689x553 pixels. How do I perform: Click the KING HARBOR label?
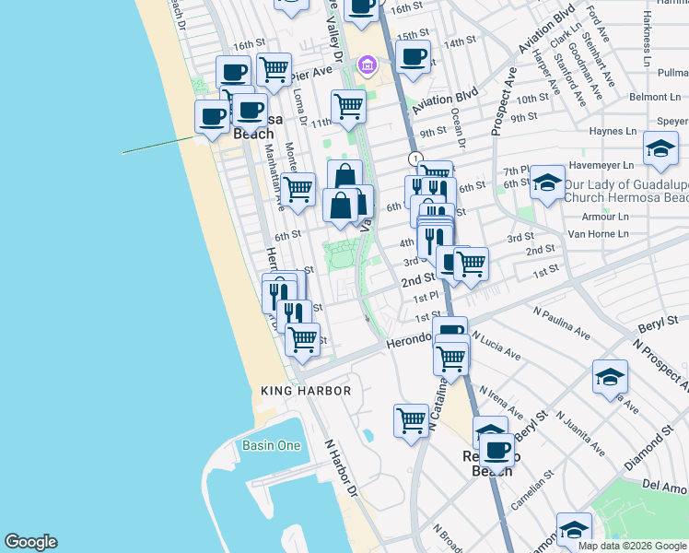[306, 391]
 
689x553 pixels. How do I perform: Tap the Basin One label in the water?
[272, 445]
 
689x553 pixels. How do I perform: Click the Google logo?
[30, 542]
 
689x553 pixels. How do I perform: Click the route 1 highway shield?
[415, 159]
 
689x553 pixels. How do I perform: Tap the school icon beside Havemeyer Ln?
[660, 147]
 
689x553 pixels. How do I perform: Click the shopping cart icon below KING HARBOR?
[411, 420]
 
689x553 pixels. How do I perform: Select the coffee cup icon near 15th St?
[414, 56]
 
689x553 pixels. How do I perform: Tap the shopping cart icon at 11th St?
[348, 105]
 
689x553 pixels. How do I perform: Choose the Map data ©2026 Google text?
[631, 546]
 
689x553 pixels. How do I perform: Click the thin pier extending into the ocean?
[157, 145]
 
